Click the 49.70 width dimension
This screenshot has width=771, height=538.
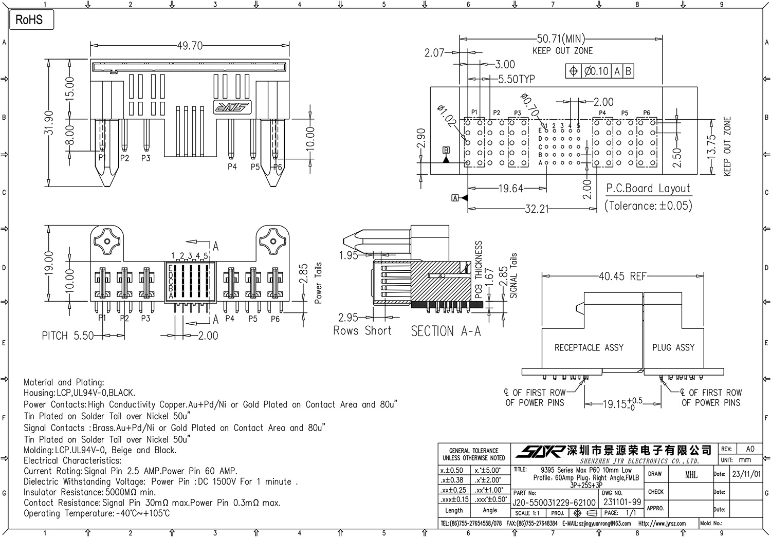click(x=190, y=46)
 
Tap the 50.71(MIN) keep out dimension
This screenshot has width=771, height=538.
click(x=561, y=39)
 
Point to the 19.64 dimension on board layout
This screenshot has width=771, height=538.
click(x=510, y=189)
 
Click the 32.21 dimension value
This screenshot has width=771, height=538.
click(x=537, y=209)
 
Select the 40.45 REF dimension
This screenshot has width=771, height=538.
click(x=622, y=276)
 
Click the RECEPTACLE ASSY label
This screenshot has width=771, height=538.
click(x=589, y=348)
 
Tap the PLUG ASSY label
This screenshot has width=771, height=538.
click(x=673, y=348)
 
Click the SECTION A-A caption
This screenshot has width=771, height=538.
click(x=446, y=331)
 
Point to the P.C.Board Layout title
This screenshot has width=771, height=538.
click(x=648, y=189)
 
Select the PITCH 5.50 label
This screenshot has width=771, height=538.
click(x=67, y=336)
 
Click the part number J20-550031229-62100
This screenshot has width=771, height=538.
click(x=554, y=502)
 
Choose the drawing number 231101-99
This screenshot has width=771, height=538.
click(x=622, y=502)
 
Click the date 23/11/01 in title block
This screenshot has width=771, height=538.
click(x=746, y=474)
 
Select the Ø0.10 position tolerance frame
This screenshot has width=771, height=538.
click(x=599, y=71)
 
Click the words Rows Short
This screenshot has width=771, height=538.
click(x=362, y=331)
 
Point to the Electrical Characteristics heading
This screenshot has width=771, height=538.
click(x=72, y=460)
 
